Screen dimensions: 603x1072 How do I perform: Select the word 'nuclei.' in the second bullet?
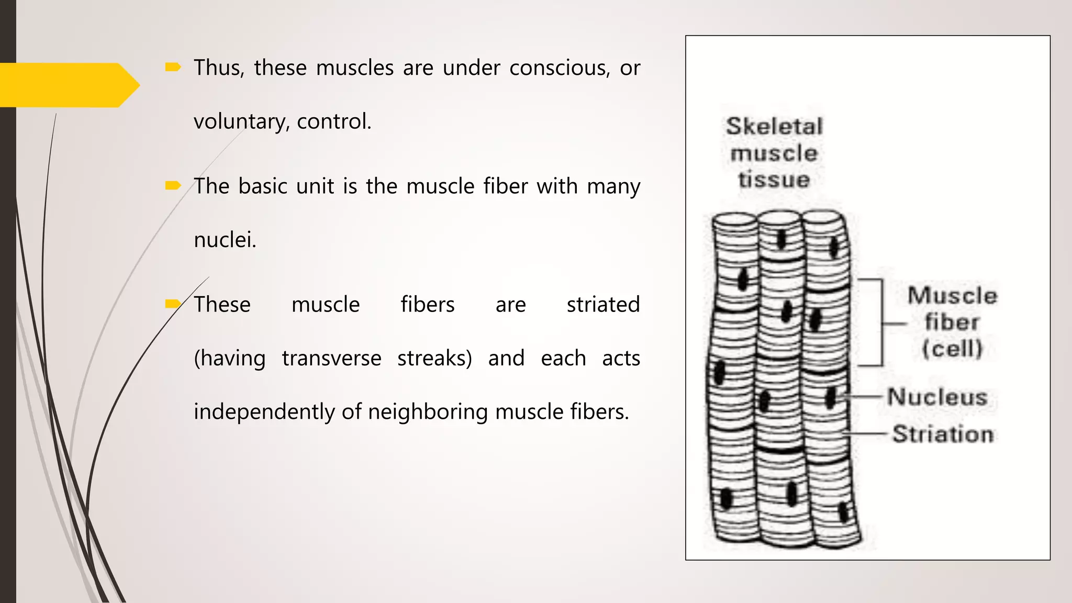(225, 240)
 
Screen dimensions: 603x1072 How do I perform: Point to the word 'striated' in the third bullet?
(603, 304)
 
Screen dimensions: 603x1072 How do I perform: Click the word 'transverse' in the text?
(331, 358)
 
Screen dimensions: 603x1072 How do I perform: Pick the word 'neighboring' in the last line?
(428, 411)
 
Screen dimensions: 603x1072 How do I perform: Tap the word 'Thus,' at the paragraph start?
(219, 68)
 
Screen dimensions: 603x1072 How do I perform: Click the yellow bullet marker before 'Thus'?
(173, 67)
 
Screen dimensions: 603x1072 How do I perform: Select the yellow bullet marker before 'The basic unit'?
(173, 185)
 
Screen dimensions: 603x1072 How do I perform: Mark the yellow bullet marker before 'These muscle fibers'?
(173, 304)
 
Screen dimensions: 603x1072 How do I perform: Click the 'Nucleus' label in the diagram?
(937, 397)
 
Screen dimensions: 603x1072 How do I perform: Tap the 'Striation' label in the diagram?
(943, 434)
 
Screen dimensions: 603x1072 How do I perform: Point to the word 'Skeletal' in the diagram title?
(774, 126)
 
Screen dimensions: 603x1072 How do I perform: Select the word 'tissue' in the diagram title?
(774, 180)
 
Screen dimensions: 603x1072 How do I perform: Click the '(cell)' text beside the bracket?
(952, 349)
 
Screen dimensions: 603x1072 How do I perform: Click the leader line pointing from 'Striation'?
(866, 434)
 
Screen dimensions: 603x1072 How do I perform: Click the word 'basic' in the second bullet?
(263, 186)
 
